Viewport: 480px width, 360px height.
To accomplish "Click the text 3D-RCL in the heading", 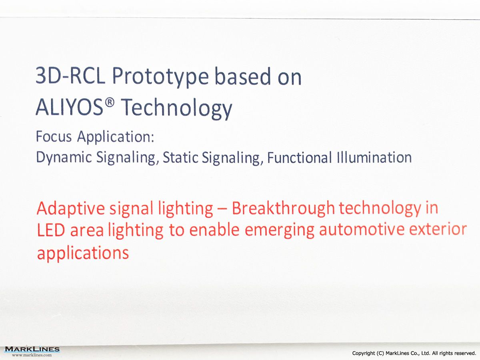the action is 70,76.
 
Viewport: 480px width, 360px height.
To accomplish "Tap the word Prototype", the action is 160,77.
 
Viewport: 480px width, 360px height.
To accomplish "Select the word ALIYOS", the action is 69,107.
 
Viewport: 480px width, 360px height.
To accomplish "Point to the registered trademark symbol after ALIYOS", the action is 110,102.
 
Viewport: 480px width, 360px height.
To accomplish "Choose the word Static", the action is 180,157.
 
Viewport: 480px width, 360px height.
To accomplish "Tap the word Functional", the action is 299,157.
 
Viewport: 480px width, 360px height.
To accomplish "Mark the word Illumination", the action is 374,157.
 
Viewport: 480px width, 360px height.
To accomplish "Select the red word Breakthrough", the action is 283,208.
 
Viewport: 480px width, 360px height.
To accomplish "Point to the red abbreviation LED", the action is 51,230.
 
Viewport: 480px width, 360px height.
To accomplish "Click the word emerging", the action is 280,231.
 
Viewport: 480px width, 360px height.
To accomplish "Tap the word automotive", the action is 362,230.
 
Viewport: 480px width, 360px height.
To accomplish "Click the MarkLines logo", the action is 32,349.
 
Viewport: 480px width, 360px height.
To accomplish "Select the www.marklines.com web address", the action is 32,355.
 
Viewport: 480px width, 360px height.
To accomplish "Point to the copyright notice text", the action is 414,353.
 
